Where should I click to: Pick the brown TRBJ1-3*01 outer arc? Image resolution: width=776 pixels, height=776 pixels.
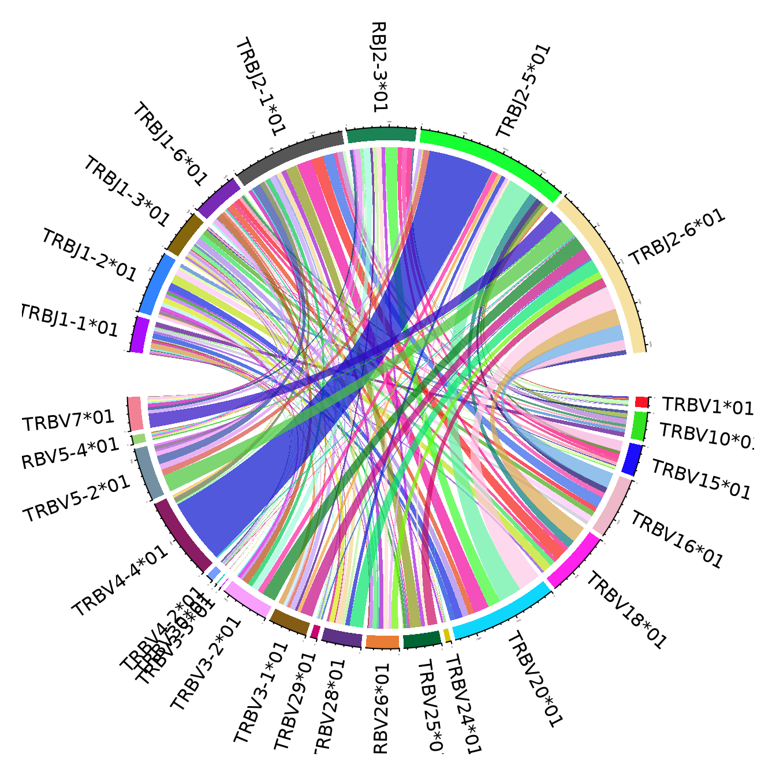[184, 234]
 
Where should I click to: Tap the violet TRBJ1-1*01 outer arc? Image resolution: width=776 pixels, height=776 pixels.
[139, 334]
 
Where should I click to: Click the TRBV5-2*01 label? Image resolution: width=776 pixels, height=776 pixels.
[77, 499]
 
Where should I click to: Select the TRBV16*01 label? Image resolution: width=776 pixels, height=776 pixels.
[676, 539]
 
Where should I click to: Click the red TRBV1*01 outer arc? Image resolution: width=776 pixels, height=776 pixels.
[641, 402]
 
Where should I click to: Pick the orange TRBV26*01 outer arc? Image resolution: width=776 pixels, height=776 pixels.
[382, 642]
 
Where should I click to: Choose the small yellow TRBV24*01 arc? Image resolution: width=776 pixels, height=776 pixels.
[447, 636]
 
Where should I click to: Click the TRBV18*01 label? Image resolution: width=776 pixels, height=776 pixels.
[626, 609]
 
